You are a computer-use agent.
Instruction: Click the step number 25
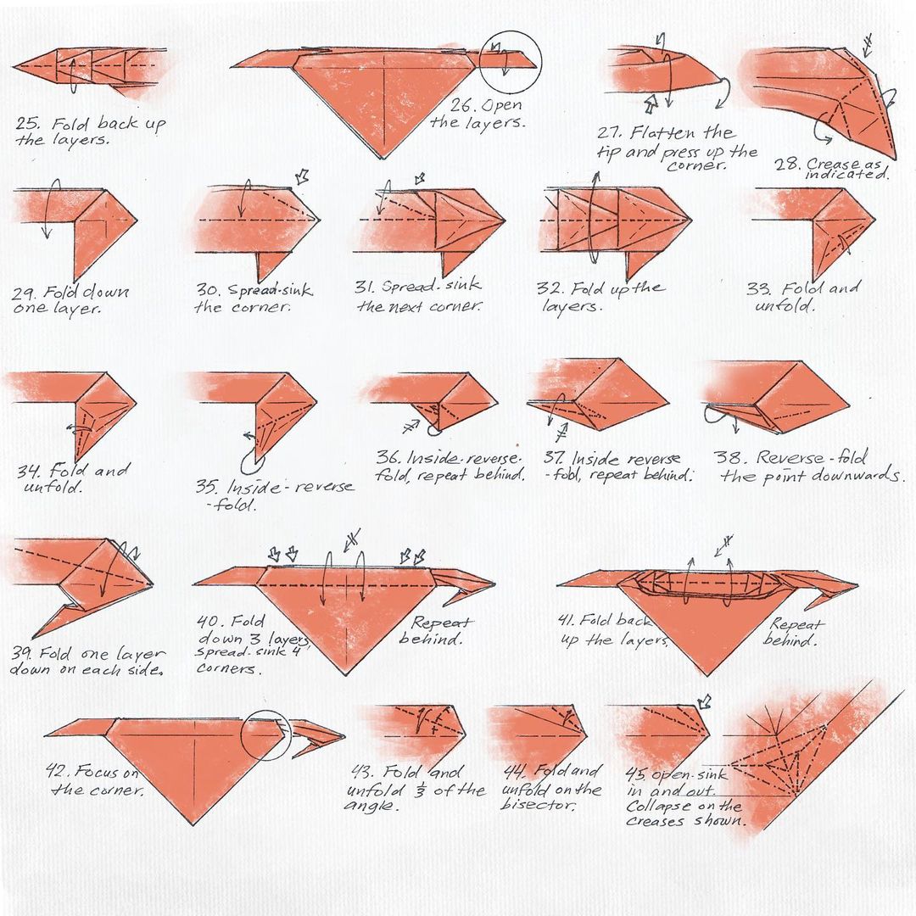(x=27, y=124)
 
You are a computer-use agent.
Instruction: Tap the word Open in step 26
(x=502, y=105)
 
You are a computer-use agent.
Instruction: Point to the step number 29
(x=25, y=292)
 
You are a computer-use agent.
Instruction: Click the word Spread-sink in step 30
(x=270, y=289)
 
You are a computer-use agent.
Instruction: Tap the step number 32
(x=549, y=288)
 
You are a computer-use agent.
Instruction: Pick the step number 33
(x=759, y=288)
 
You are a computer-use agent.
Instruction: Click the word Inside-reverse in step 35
(x=290, y=487)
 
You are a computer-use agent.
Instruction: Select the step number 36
(x=388, y=456)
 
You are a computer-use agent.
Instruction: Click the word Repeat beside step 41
(x=796, y=624)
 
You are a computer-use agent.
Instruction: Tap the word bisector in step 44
(x=538, y=804)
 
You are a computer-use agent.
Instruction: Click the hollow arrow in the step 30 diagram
(x=302, y=176)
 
